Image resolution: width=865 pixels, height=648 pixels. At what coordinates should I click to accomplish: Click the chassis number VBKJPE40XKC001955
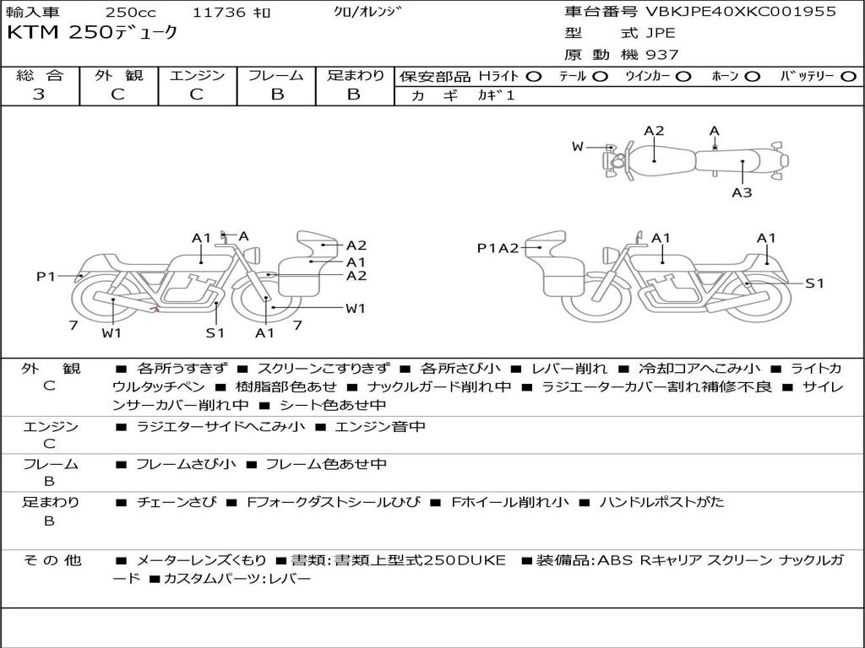point(741,12)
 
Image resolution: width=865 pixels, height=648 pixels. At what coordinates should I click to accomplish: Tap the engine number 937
point(662,55)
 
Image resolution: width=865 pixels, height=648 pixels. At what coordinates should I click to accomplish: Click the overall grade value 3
point(39,94)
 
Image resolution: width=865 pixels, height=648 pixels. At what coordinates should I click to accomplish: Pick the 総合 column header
point(39,76)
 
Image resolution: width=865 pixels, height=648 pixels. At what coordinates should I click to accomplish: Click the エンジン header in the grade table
point(197,76)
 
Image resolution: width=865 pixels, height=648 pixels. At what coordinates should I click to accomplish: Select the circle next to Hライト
point(534,76)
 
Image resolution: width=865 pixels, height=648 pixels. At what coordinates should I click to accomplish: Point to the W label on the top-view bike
point(578,147)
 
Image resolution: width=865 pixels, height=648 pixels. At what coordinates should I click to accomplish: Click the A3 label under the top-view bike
point(742,192)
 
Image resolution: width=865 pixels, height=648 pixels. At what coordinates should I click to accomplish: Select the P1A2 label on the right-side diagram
point(498,247)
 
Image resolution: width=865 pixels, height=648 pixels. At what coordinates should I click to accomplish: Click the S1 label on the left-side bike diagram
point(216,332)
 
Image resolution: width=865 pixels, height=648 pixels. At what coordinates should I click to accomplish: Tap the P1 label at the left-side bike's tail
point(46,276)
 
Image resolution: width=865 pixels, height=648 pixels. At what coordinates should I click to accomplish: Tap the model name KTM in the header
point(25,33)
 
